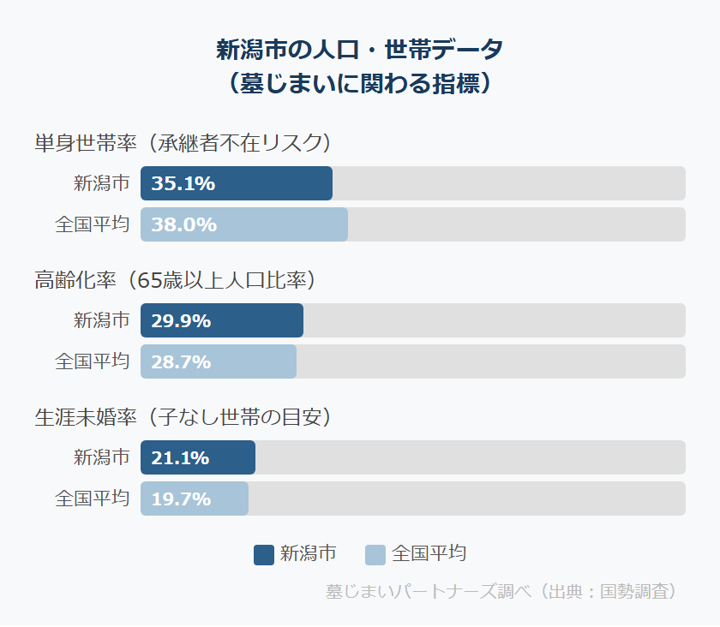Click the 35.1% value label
coord(183,183)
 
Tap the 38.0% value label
coord(183,224)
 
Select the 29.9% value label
coord(181,320)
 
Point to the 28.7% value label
coord(181,361)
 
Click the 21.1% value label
coord(180,457)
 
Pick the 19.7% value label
coord(181,499)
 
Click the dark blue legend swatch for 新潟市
coord(264,554)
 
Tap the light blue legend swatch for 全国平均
coord(375,554)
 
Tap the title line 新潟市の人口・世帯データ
coord(359,50)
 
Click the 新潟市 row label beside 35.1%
coord(101,183)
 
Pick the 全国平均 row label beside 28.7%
coord(93,361)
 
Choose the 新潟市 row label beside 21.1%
coord(101,457)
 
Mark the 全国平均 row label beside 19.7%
coord(93,499)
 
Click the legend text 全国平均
coord(429,553)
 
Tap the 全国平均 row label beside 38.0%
coord(93,224)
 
